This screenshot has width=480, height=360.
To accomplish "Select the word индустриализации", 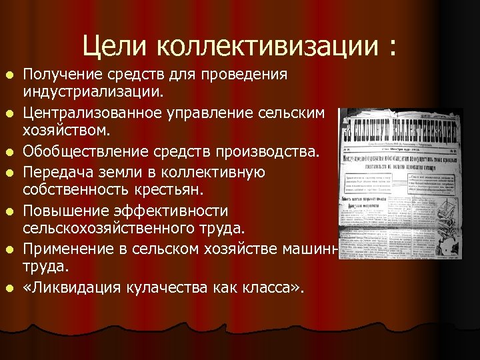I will [x=97, y=89].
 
